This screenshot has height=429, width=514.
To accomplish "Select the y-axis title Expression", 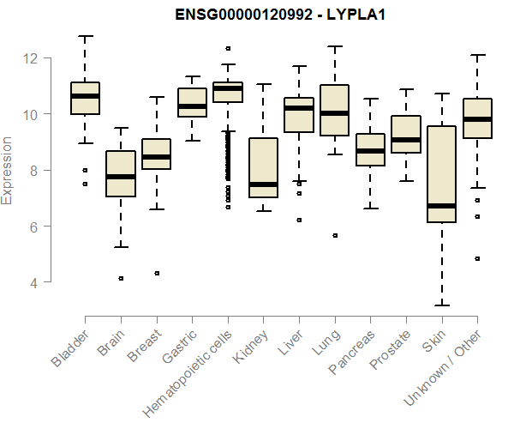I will pos(8,169).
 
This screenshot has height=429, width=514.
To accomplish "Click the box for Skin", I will pos(441,172).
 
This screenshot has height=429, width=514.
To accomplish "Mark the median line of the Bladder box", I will pos(85,96).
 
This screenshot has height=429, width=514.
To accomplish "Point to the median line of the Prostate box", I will pos(406,139).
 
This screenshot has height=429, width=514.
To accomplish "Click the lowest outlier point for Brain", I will pos(121,278).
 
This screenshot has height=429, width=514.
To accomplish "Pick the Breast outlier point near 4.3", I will pos(156,273).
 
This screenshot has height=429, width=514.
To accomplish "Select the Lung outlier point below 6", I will pos(334,235).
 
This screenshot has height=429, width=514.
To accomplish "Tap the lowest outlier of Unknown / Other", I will pos(477,258).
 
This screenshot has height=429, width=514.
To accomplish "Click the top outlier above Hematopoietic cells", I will pos(228,49).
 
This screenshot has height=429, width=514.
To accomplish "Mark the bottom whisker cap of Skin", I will pos(441,305).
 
